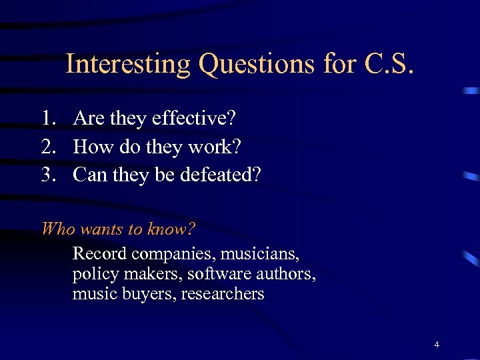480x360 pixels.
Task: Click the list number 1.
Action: [x=47, y=119]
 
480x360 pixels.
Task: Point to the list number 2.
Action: [x=47, y=147]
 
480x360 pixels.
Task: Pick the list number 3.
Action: [x=47, y=175]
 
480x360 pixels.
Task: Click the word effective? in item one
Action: [x=194, y=119]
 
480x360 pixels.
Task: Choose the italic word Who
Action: [x=57, y=229]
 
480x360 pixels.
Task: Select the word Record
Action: [x=99, y=254]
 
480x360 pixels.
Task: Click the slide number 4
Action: [x=437, y=345]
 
